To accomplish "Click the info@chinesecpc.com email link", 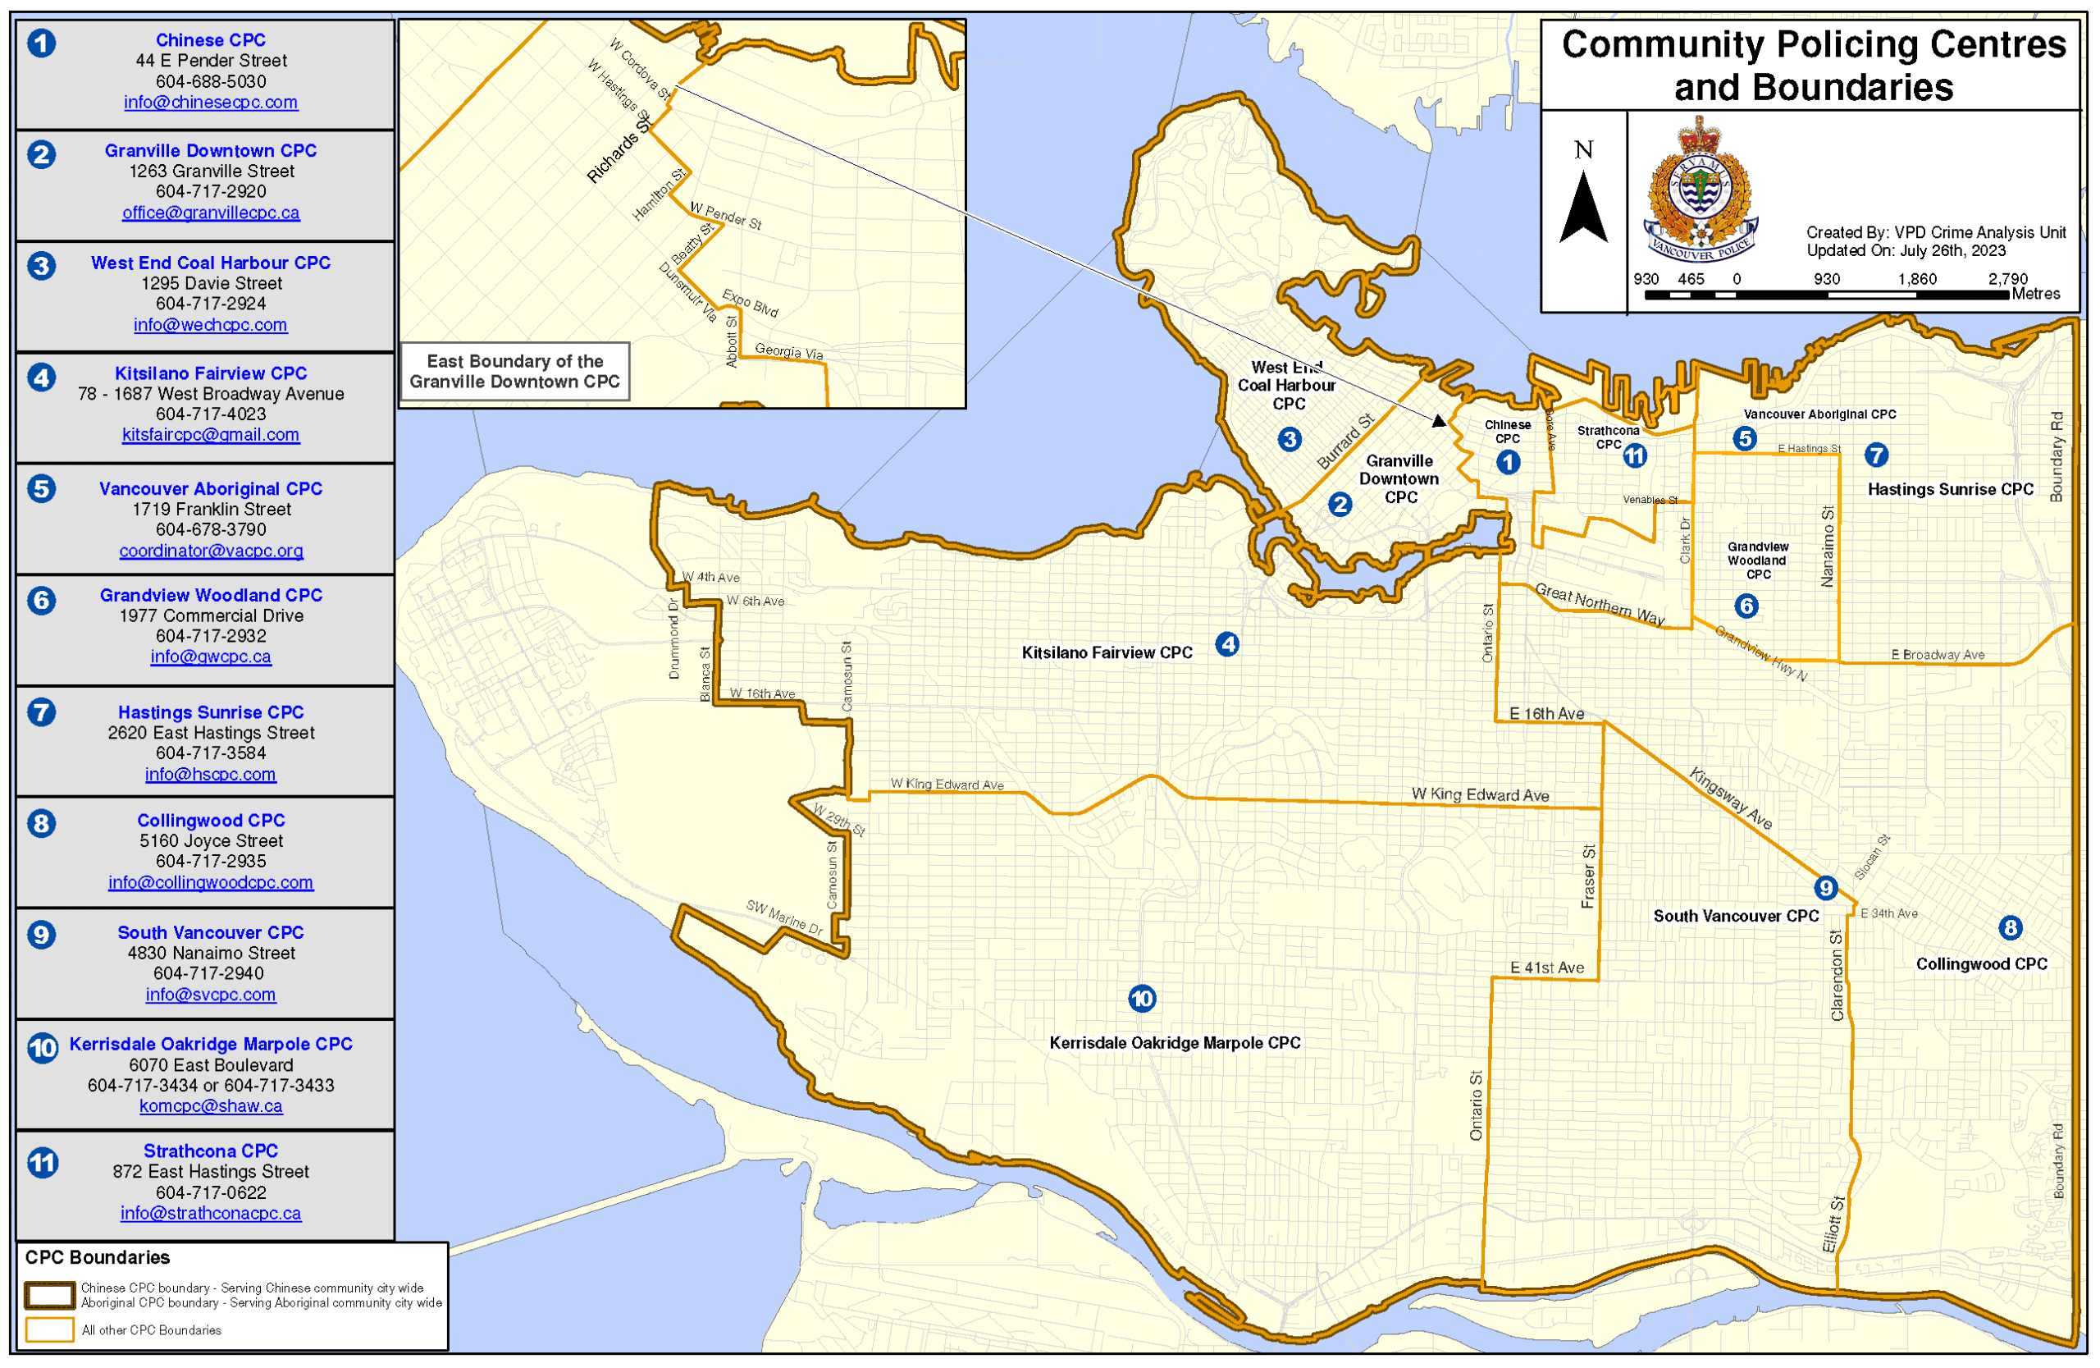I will click(x=211, y=103).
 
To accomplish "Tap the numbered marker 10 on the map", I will click(x=1142, y=999).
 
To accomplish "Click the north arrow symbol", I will click(x=1583, y=208).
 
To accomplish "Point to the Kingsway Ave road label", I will click(x=1729, y=798).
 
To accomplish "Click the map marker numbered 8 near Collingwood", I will click(x=2010, y=927).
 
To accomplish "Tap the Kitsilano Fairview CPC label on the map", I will click(x=1107, y=653).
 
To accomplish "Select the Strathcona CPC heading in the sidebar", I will click(x=211, y=1151).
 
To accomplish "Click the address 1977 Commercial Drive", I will click(x=211, y=616).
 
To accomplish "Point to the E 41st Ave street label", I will click(x=1547, y=968).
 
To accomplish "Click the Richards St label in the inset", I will click(x=619, y=150).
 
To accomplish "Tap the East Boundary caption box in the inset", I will click(x=514, y=372).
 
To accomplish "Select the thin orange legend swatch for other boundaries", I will click(x=49, y=1330).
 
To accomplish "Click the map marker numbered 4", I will click(x=1226, y=644).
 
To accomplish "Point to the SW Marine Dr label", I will click(x=784, y=918).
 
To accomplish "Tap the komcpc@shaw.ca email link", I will click(x=211, y=1106).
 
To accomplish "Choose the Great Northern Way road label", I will click(x=1599, y=605).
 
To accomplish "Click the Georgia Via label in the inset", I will click(x=789, y=351).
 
